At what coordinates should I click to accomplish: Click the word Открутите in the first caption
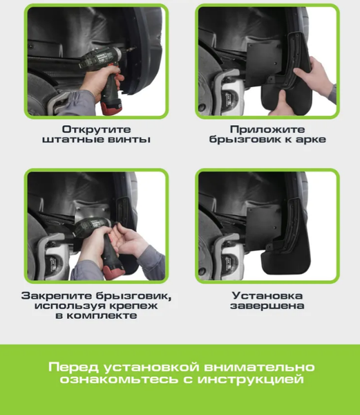(96, 129)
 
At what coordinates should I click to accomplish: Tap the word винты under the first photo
(132, 140)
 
